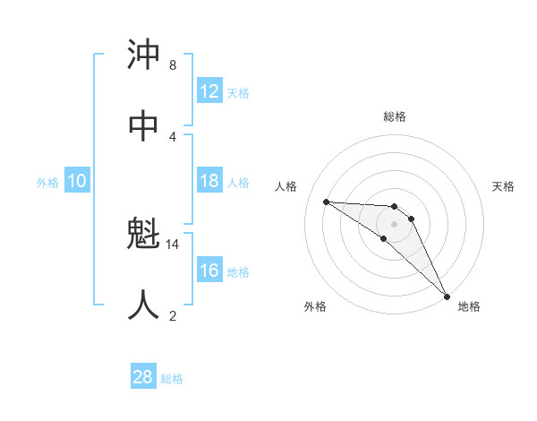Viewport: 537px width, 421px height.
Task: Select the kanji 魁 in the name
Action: click(x=144, y=236)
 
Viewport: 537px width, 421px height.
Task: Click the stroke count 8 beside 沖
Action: click(x=172, y=65)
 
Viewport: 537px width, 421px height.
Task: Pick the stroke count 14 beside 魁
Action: click(x=174, y=244)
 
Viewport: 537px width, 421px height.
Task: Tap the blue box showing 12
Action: click(x=209, y=90)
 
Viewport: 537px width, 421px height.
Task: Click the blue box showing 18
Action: click(x=209, y=181)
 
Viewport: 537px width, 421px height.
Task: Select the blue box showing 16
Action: click(x=209, y=271)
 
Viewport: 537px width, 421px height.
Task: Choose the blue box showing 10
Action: click(x=77, y=181)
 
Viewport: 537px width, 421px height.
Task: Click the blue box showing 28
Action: click(x=143, y=377)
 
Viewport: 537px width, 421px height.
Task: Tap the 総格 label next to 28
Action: click(x=172, y=379)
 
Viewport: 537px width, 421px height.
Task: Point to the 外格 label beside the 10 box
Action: click(x=47, y=182)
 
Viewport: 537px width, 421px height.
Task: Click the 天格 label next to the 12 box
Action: click(x=238, y=92)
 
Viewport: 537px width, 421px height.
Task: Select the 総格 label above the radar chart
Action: click(x=394, y=116)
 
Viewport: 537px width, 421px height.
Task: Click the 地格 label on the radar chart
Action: click(x=469, y=306)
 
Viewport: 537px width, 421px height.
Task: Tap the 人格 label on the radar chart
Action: click(x=286, y=186)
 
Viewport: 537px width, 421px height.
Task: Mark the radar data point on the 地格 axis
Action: click(x=447, y=296)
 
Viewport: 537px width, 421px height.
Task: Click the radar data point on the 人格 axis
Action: click(x=326, y=202)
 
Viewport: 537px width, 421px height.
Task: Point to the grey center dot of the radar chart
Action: click(x=394, y=223)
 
